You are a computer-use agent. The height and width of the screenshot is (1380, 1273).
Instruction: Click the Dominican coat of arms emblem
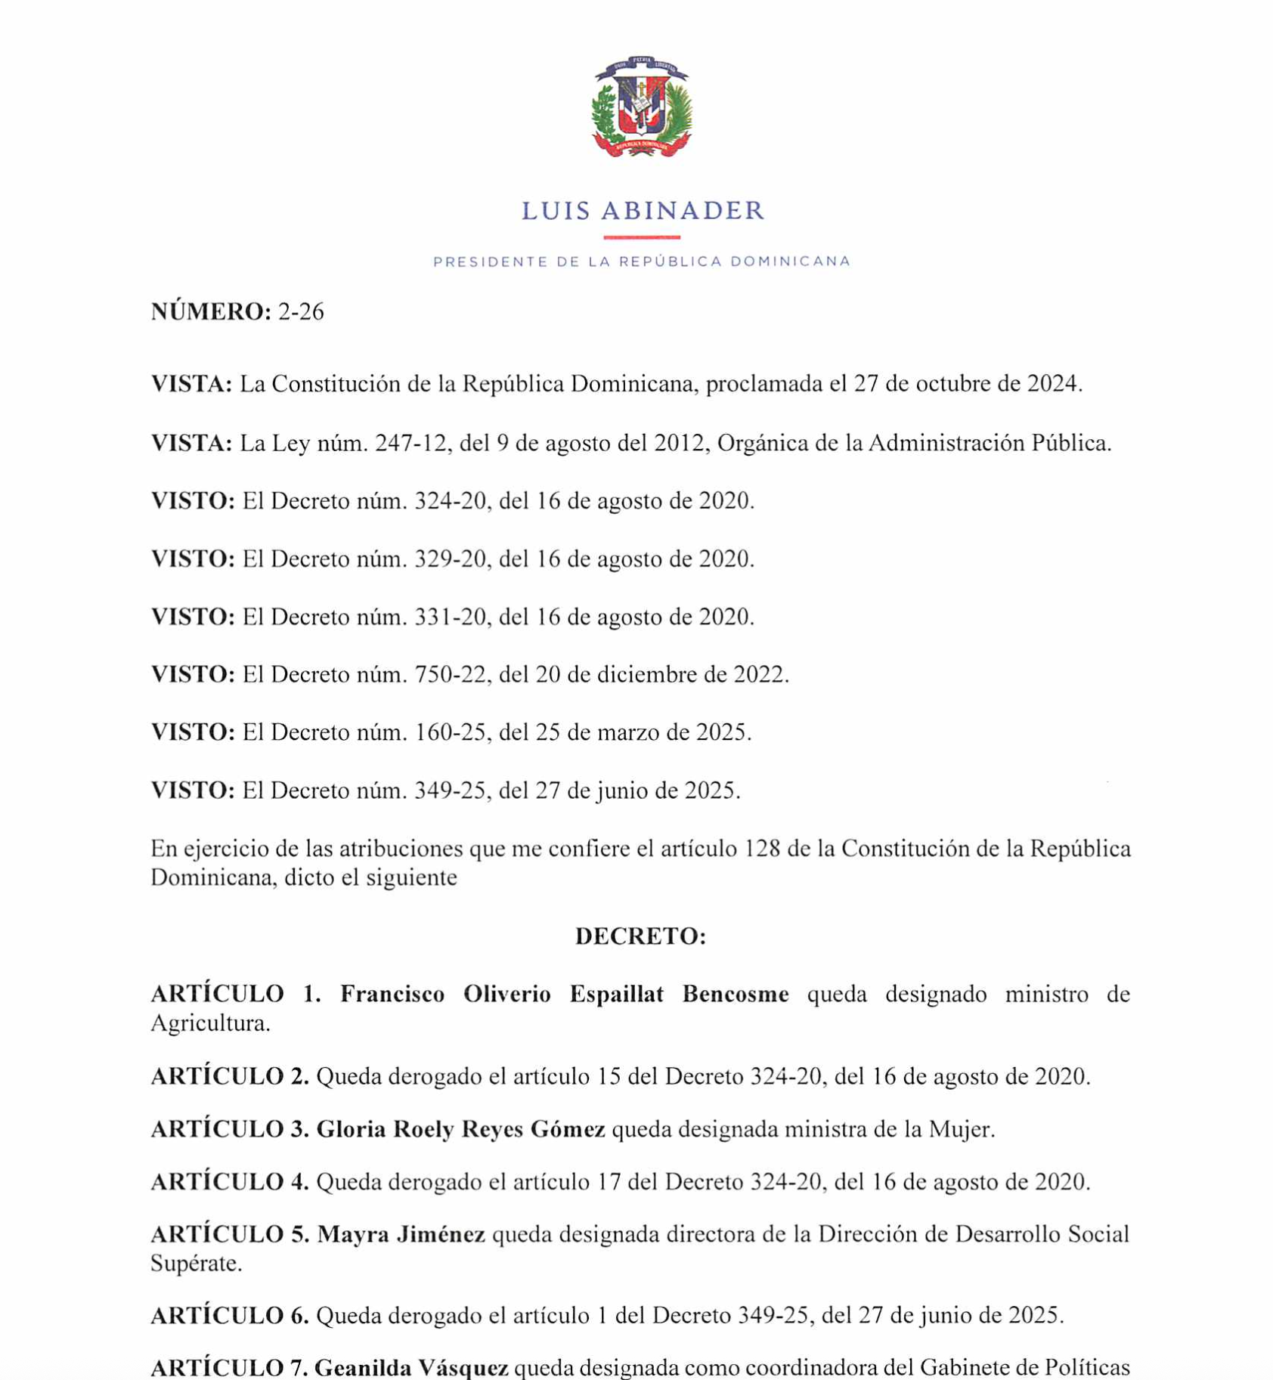coord(641,107)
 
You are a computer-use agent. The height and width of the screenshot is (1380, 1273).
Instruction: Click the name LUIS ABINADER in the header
coord(643,211)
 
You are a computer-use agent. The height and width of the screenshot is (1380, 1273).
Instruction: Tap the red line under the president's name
coord(641,237)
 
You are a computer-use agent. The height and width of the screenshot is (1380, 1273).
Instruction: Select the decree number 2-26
coord(301,312)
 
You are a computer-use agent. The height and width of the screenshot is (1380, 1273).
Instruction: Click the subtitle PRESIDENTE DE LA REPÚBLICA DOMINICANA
coord(642,261)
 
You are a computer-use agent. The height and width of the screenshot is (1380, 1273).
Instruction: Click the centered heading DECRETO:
coord(640,936)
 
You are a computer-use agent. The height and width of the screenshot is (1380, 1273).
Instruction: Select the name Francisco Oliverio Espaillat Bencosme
coord(564,995)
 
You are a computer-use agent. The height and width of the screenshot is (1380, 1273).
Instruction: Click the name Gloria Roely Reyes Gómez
coord(460,1130)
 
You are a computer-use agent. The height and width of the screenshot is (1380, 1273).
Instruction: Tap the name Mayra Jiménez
coord(401,1235)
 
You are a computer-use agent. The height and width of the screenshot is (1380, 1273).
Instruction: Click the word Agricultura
coord(209,1024)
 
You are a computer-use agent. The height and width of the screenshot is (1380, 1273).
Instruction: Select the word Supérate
coord(195,1264)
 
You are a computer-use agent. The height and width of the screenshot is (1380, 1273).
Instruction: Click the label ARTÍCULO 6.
coord(229,1317)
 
